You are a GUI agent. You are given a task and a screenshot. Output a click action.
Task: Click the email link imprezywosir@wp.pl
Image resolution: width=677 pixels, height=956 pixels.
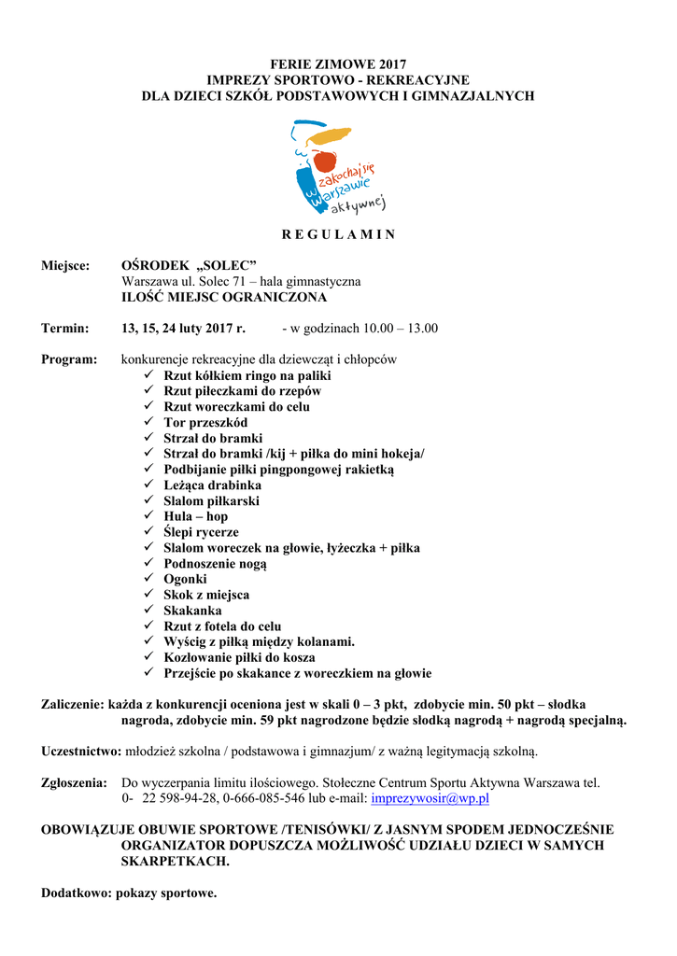pyautogui.click(x=430, y=799)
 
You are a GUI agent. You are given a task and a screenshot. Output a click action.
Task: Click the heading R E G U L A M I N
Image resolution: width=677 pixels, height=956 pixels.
pyautogui.click(x=338, y=234)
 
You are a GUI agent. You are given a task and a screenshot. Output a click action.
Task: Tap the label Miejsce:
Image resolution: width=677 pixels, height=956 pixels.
pyautogui.click(x=65, y=266)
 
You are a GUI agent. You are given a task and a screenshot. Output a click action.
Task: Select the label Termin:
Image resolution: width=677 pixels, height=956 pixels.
pyautogui.click(x=64, y=329)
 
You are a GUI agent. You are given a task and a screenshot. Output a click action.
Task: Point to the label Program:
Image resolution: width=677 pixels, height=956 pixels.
pyautogui.click(x=69, y=359)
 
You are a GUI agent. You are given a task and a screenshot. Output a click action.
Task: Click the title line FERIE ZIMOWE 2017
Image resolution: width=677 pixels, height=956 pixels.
pyautogui.click(x=338, y=64)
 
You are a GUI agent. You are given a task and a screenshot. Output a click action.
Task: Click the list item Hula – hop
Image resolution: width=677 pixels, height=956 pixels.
pyautogui.click(x=195, y=516)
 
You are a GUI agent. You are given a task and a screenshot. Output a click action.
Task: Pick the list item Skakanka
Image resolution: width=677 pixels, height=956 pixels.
pyautogui.click(x=192, y=611)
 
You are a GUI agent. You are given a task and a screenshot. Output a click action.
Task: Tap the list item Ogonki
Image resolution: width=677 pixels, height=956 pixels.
pyautogui.click(x=185, y=579)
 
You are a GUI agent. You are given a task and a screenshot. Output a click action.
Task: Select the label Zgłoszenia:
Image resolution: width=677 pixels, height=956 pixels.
pyautogui.click(x=74, y=783)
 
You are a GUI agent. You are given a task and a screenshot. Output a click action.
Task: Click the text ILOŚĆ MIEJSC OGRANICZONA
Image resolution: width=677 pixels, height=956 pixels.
pyautogui.click(x=224, y=297)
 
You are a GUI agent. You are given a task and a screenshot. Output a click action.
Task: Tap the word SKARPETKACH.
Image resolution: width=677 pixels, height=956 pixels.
pyautogui.click(x=175, y=862)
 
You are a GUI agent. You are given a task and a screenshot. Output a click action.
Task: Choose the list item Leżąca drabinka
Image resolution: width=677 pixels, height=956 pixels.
pyautogui.click(x=212, y=485)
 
